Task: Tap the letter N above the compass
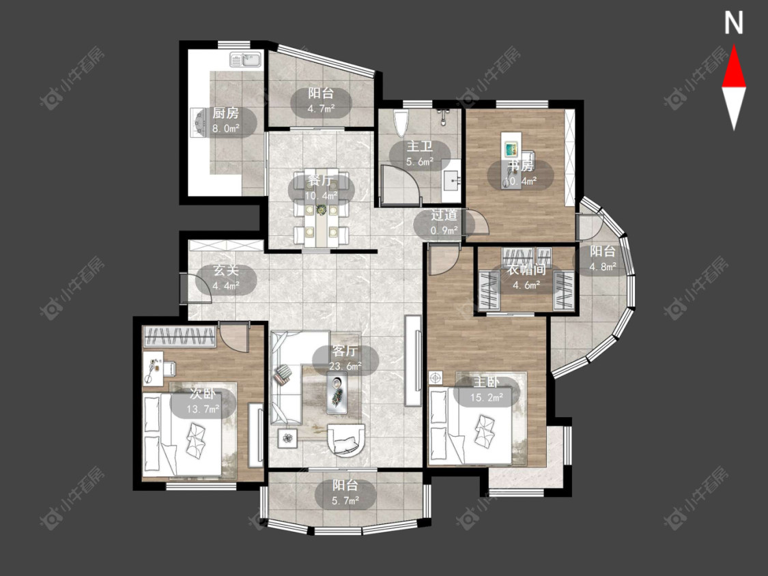[x=733, y=23]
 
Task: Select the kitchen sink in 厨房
[x=246, y=60]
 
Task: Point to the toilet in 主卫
[x=401, y=123]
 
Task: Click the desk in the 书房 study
[x=511, y=147]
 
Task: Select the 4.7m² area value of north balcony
[x=321, y=109]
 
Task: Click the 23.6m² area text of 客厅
[x=345, y=365]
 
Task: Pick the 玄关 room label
[x=226, y=270]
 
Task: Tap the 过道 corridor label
[x=444, y=215]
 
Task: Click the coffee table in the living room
[x=337, y=392]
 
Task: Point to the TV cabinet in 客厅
[x=413, y=360]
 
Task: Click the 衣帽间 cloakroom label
[x=526, y=270]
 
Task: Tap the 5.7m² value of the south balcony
[x=345, y=500]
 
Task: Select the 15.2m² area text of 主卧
[x=487, y=397]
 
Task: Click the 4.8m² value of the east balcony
[x=602, y=267]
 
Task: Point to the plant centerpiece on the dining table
[x=321, y=210]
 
